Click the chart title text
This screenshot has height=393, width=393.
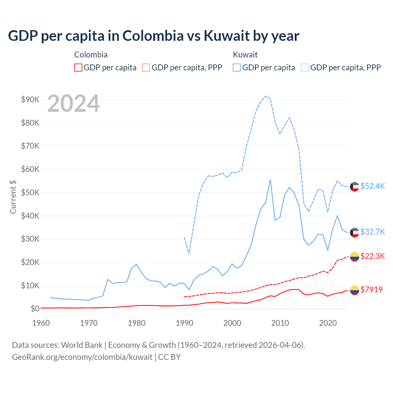tap(154, 36)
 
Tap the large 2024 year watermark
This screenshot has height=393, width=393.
tap(74, 104)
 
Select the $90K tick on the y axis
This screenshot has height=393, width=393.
tap(30, 99)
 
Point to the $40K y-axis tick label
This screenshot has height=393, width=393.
tap(30, 216)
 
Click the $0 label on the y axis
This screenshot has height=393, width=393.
tap(35, 309)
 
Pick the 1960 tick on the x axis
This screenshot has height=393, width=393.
tap(41, 323)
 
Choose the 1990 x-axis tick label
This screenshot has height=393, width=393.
tap(185, 323)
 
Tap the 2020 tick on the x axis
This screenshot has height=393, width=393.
tap(328, 323)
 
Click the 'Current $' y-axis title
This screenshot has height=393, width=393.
tap(13, 197)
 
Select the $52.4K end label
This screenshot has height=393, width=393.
tap(372, 186)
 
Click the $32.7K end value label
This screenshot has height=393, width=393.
tap(372, 232)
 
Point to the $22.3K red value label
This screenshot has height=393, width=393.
tap(372, 256)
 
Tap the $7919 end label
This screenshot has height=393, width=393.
tap(372, 290)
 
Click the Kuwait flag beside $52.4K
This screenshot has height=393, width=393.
tap(355, 187)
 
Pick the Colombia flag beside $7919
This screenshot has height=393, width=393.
tap(355, 290)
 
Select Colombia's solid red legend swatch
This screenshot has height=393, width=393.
tap(78, 68)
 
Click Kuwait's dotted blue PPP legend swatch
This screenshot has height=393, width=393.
tap(305, 68)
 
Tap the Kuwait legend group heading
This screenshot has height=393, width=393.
tap(245, 55)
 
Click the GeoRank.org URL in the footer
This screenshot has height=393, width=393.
tap(82, 357)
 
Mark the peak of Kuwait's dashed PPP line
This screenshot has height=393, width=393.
tap(266, 96)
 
